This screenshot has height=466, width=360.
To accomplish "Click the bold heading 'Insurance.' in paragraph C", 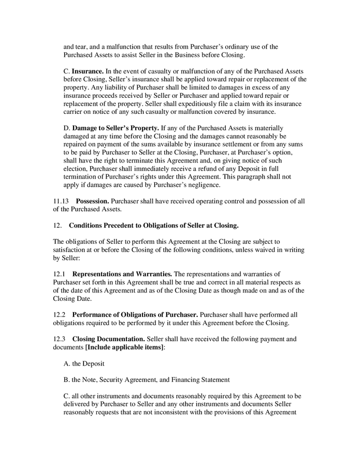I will tap(88, 71).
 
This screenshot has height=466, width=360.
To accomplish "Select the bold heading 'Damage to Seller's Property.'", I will tap(115, 127).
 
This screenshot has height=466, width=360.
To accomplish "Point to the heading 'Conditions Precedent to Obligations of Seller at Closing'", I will tap(153, 225).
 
